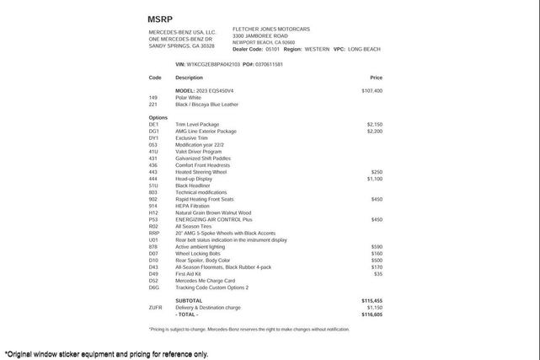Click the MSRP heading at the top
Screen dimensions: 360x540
161,19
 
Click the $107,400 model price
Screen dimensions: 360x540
372,90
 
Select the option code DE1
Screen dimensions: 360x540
153,124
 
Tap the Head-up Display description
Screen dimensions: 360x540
194,179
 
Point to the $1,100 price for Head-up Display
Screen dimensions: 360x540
374,179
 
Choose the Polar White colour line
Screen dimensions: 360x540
188,97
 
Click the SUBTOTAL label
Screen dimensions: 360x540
189,300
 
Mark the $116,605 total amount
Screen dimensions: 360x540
372,314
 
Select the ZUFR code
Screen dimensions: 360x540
155,307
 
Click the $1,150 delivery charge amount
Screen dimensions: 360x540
374,307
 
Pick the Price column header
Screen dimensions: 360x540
376,78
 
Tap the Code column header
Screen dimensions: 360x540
155,78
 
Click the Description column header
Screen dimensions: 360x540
189,78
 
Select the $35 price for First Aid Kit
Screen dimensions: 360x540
377,273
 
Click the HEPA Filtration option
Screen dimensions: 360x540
192,206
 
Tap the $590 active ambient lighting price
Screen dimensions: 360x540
376,246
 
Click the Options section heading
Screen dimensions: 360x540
158,117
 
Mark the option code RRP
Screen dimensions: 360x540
154,233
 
